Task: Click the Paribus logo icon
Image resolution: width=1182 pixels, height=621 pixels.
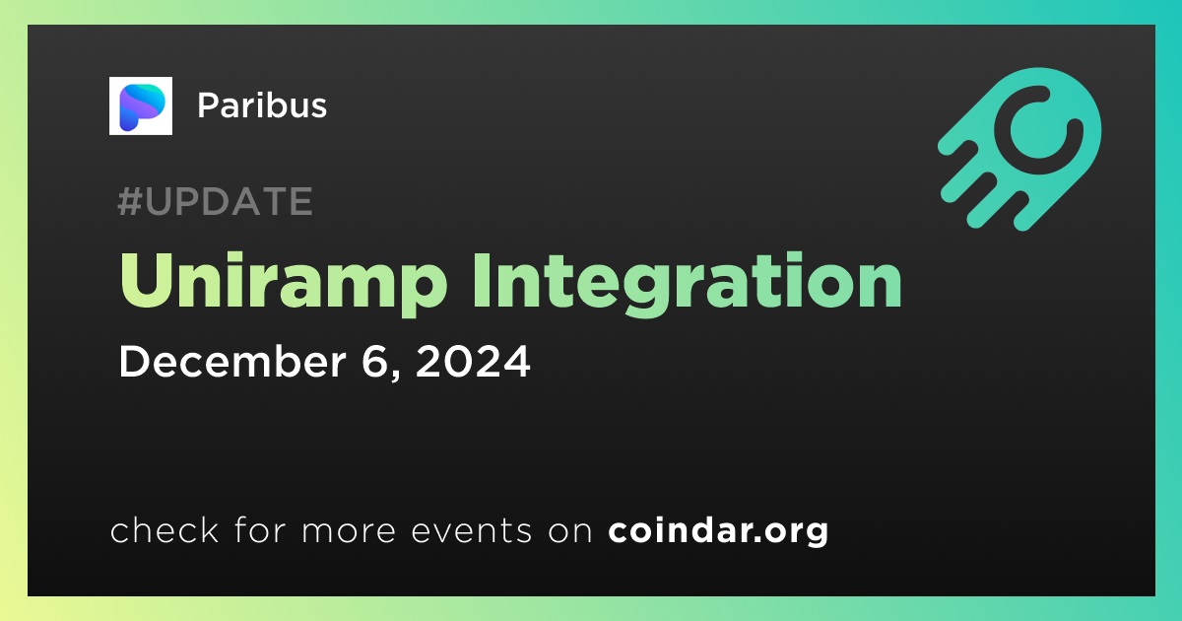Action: [140, 105]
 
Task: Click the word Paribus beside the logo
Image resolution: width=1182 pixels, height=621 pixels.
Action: [262, 105]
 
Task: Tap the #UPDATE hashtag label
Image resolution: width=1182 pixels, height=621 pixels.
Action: [216, 201]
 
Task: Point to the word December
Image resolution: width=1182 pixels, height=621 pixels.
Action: [232, 361]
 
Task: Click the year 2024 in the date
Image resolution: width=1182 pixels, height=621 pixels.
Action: [472, 361]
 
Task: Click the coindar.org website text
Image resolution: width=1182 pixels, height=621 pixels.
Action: [718, 530]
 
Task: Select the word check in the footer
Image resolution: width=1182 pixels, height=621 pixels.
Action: [164, 530]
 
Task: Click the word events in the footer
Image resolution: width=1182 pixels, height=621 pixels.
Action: [471, 531]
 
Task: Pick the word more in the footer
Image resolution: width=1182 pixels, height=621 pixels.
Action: [349, 531]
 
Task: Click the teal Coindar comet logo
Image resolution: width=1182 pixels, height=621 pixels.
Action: [1020, 149]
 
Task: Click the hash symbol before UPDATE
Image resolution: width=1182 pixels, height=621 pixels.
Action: [130, 201]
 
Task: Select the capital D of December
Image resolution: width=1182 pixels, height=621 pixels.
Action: [136, 361]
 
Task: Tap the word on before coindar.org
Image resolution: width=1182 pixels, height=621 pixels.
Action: [570, 531]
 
